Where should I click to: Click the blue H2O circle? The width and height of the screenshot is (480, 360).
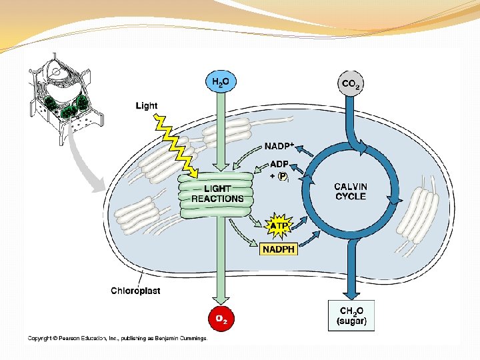click(220, 82)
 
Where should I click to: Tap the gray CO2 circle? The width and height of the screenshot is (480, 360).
click(351, 83)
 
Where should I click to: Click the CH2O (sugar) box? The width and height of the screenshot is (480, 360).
click(351, 315)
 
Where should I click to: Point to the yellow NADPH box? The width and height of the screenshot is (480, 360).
click(278, 249)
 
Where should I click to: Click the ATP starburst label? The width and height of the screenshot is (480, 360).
click(279, 226)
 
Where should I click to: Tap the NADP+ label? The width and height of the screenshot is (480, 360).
click(280, 146)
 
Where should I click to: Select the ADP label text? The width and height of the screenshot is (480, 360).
click(279, 164)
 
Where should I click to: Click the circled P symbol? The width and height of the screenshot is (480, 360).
click(283, 176)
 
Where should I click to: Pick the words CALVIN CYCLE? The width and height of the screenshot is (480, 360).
click(351, 192)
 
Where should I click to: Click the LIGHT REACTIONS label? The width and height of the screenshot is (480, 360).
click(217, 194)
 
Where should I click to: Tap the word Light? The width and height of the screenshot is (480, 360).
click(147, 105)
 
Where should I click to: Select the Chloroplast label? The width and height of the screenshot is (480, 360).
click(135, 291)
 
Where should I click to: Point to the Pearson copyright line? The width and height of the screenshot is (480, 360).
click(117, 338)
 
